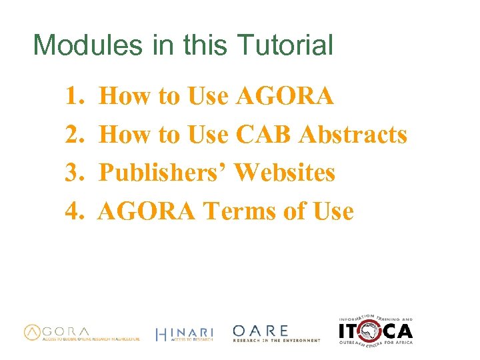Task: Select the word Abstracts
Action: point(353,135)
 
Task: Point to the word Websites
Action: point(285,173)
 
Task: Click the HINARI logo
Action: point(184,334)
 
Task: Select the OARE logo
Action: point(276,333)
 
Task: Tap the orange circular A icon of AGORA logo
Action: point(33,332)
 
